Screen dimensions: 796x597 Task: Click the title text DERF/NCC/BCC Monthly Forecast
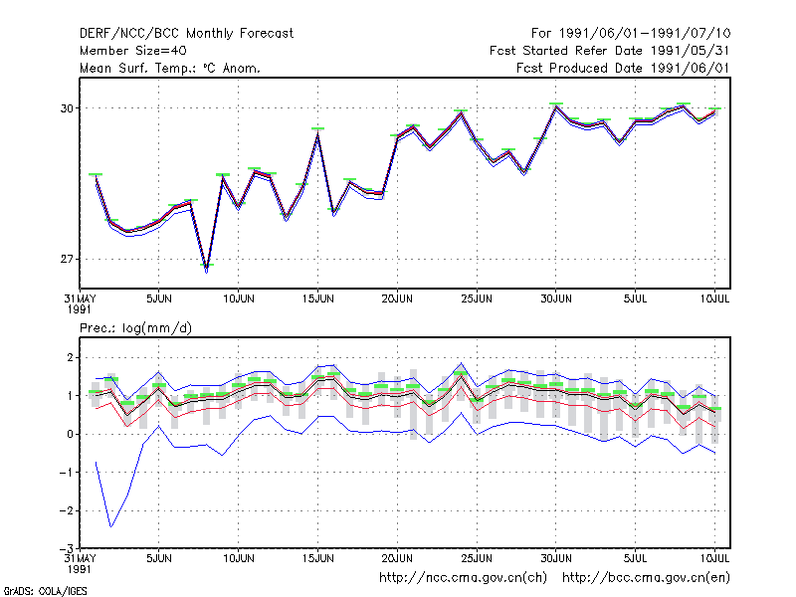coord(186,34)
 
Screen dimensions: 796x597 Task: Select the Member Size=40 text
coord(133,51)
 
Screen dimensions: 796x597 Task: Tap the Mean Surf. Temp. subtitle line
coord(169,68)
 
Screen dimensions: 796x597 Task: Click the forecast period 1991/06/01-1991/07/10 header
coord(631,34)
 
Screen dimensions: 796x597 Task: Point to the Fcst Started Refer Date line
coord(609,51)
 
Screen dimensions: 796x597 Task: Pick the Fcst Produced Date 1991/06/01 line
coord(623,68)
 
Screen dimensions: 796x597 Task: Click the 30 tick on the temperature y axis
coord(67,108)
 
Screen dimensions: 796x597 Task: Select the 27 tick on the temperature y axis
coord(67,259)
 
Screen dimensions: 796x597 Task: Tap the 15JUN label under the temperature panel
coord(317,298)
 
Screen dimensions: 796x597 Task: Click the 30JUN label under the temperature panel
coord(556,298)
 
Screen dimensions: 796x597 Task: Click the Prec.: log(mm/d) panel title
coord(135,328)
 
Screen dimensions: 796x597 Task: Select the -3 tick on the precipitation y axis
coord(67,549)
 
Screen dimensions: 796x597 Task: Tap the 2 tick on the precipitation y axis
coord(70,357)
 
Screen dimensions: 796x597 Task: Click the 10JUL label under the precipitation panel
coord(714,558)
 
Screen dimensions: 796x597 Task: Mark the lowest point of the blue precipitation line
coord(111,526)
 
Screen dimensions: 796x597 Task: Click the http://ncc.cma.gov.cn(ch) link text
coord(463,578)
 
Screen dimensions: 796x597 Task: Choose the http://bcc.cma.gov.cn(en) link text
coord(646,578)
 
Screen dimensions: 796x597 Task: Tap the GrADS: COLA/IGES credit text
coord(45,591)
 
